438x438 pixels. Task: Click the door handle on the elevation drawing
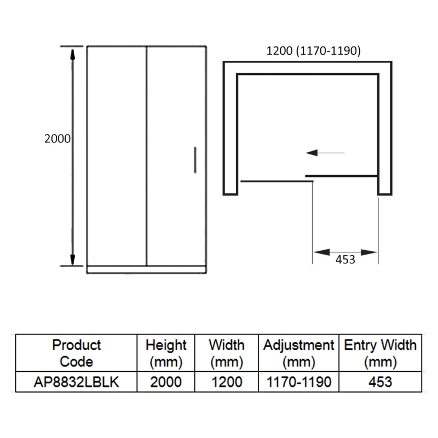[x=195, y=160]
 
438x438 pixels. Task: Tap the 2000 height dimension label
[x=57, y=139]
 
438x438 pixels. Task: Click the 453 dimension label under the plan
[x=345, y=260]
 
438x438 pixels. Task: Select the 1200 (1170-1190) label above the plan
[x=313, y=50]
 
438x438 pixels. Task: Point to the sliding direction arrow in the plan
[x=325, y=153]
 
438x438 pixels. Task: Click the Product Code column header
[x=76, y=353]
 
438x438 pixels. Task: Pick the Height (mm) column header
[x=166, y=353]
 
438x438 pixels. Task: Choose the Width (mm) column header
[x=227, y=353]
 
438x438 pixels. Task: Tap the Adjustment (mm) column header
[x=298, y=353]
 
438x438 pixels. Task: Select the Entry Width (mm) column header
[x=380, y=353]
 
